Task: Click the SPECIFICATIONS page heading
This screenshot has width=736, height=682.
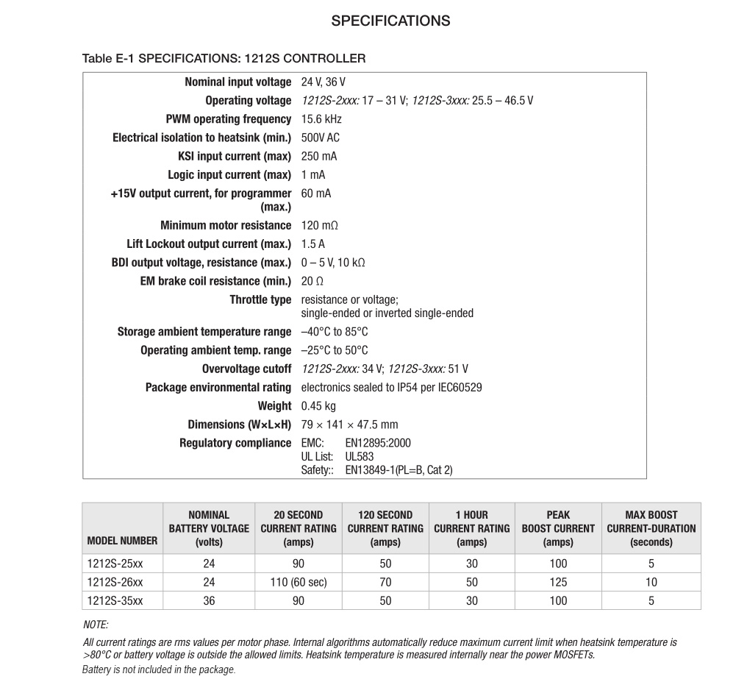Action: click(390, 21)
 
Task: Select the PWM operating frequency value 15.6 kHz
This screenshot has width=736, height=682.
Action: click(321, 119)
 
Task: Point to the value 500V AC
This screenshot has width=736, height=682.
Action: click(321, 138)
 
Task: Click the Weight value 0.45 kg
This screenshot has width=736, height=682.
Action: click(318, 406)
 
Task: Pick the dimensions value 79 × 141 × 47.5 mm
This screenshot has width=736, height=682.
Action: click(349, 425)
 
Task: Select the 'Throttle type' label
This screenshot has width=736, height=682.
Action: click(260, 300)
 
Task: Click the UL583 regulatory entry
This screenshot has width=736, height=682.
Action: click(360, 456)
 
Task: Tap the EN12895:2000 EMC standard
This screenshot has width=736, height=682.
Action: click(378, 443)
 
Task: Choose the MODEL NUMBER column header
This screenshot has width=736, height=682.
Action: click(122, 541)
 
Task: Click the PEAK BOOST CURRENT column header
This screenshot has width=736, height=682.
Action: click(558, 528)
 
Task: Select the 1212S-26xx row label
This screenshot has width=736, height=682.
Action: click(115, 582)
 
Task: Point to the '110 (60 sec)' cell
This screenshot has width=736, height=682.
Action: click(298, 582)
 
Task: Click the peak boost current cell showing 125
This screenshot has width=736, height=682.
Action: click(558, 582)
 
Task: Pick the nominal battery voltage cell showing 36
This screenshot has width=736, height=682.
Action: click(209, 600)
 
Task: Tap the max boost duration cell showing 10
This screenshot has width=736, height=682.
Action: click(651, 582)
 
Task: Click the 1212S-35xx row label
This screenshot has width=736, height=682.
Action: click(115, 600)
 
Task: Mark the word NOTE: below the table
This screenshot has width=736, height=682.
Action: click(96, 625)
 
